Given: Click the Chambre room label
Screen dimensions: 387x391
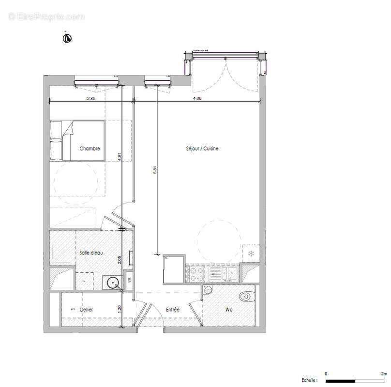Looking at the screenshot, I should click(90, 149).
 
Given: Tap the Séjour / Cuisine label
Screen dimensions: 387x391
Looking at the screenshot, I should click(202, 149).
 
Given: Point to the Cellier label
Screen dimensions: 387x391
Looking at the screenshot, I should click(87, 310).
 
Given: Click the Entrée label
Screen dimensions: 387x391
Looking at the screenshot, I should click(173, 310).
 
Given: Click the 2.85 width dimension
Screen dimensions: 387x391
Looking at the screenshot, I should click(90, 98).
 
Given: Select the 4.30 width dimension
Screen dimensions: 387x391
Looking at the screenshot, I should click(197, 98).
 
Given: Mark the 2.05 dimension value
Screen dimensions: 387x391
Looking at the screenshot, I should click(119, 260).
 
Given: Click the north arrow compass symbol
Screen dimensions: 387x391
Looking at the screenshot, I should click(67, 38).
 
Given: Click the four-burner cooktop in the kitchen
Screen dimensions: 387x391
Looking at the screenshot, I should click(197, 274).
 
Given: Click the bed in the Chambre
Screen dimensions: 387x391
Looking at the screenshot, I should click(77, 140).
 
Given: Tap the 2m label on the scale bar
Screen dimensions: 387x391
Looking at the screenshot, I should click(384, 374).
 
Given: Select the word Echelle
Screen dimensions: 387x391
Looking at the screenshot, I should click(308, 381).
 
